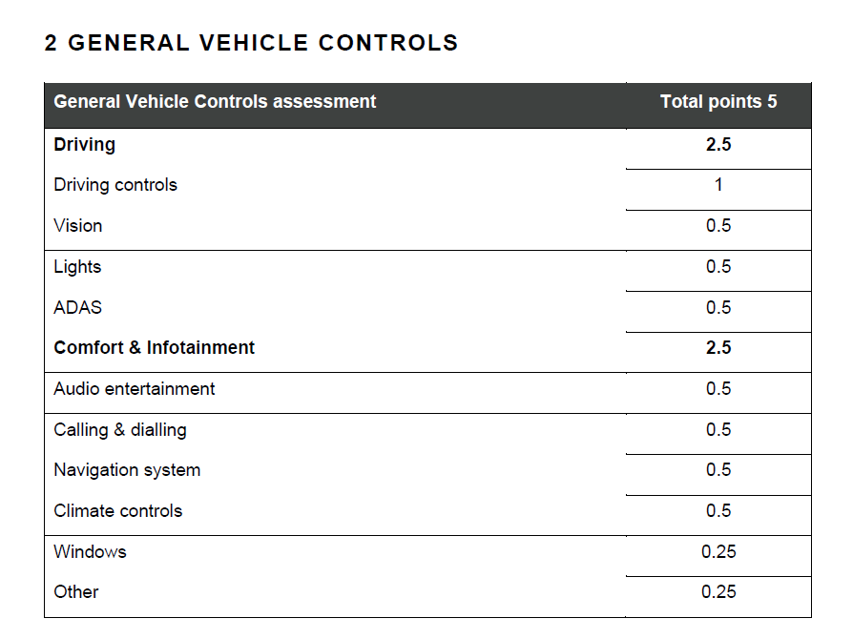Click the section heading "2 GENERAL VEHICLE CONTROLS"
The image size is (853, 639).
251,43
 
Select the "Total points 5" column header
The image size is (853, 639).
718,102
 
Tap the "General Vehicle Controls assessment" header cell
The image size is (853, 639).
215,102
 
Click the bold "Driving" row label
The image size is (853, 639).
84,145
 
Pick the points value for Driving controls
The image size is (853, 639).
718,185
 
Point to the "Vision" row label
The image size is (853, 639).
78,226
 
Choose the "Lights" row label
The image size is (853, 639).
77,267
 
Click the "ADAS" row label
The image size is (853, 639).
78,308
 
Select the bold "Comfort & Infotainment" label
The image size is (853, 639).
154,347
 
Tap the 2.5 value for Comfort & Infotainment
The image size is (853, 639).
718,347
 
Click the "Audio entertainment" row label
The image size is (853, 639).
134,389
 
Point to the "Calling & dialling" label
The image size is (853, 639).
119,430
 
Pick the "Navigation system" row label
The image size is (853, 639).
127,470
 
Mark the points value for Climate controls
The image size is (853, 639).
718,510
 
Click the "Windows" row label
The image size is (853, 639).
90,552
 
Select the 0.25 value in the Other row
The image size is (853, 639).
718,591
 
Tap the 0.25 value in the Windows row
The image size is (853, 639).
718,552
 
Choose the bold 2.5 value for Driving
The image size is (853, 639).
718,145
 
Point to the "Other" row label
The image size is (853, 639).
76,591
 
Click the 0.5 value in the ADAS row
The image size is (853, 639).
718,308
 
